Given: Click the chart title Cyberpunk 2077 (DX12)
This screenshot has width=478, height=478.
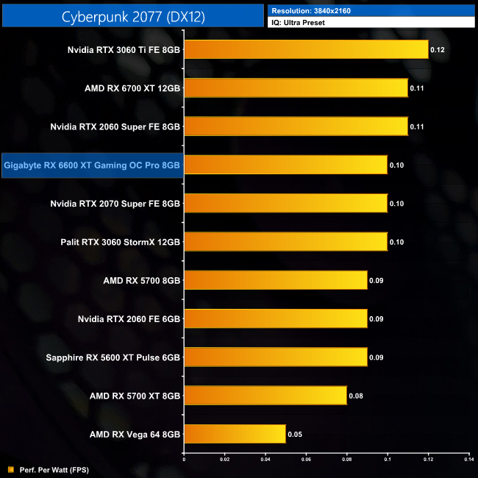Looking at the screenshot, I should click(132, 15).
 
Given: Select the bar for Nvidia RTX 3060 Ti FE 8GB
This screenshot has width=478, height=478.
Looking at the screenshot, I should click(305, 50).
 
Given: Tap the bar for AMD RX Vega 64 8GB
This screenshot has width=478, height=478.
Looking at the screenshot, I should click(234, 434).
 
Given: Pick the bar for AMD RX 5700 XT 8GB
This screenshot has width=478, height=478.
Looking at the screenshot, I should click(265, 396).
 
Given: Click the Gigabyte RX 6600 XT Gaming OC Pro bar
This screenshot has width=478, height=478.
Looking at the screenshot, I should click(285, 165).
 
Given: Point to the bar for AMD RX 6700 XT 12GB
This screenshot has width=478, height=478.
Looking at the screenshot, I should click(295, 88).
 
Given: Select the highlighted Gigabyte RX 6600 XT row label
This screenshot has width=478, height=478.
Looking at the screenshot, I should click(92, 165).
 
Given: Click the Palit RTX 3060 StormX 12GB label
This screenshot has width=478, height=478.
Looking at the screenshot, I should click(121, 242).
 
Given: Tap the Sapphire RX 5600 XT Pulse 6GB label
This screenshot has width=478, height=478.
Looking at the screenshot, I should click(113, 357).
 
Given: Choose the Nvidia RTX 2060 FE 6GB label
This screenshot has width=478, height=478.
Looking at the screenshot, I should click(129, 318).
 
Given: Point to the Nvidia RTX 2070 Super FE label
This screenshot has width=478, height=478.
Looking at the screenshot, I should click(115, 204).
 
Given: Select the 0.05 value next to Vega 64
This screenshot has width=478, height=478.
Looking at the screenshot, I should click(296, 434).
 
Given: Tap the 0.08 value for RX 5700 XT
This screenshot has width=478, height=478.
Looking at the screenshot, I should click(357, 396).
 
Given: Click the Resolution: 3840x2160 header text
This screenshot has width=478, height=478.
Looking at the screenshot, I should click(309, 10).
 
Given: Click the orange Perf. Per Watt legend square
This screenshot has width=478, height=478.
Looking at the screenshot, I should click(10, 468).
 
